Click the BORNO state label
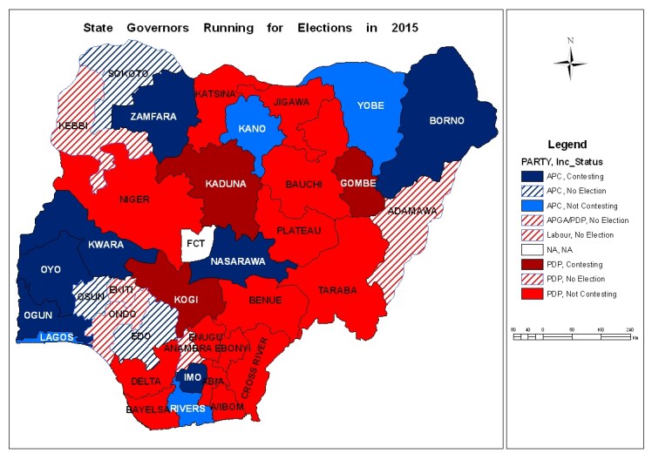click(446, 120)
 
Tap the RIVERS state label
click(187, 409)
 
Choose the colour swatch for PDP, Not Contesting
click(524, 294)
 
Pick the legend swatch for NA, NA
click(524, 248)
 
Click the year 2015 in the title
click(404, 27)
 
